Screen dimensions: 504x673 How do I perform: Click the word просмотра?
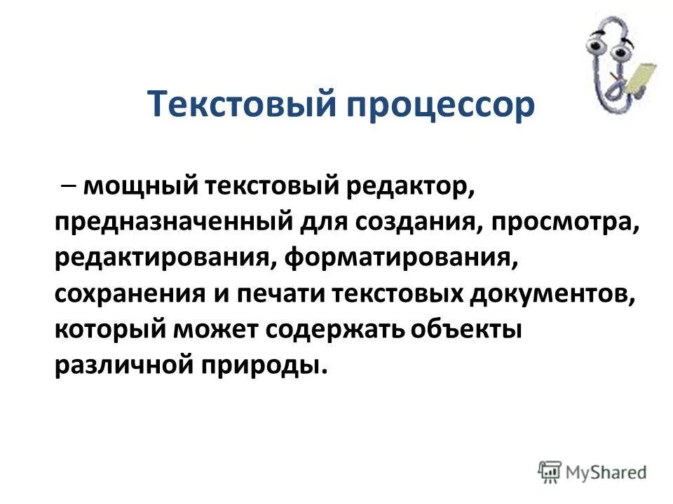[564, 222]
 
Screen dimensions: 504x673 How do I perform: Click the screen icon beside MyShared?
[550, 471]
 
